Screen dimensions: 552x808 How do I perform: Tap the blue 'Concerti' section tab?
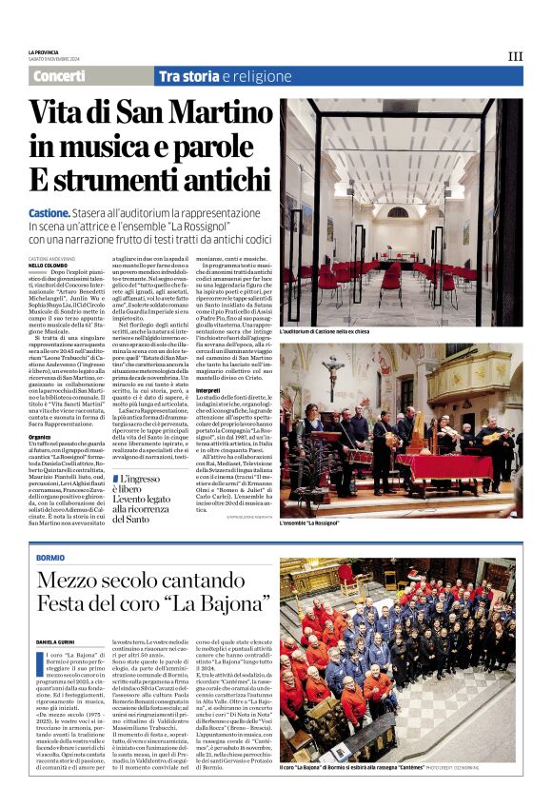(x=59, y=76)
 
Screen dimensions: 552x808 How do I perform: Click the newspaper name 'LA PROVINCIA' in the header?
(x=43, y=52)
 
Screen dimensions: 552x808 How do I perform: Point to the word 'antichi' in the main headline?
(x=213, y=178)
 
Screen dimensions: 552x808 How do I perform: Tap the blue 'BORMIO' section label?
(x=49, y=557)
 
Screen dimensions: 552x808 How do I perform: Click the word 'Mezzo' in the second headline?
(x=69, y=581)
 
